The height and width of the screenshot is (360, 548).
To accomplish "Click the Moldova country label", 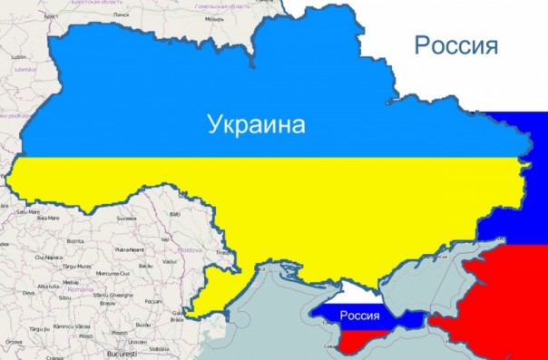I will point(189,248).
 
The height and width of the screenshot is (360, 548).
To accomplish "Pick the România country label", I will point(80,289).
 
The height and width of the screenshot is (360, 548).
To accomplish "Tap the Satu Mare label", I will point(28,211).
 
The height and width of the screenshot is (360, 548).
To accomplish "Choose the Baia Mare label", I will point(47,219).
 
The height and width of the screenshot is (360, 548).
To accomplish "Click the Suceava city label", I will point(125,219).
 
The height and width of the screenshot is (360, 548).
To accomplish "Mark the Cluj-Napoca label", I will point(48,258).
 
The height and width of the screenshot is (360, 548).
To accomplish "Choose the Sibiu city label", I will point(66,296).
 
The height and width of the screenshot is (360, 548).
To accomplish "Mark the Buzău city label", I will point(142,324).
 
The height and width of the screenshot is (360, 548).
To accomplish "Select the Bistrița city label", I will point(75,241).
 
